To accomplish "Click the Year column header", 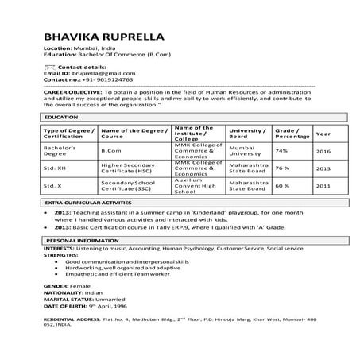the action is tap(323, 133).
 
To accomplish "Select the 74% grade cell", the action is tap(281, 150).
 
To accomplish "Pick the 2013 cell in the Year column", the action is tap(323, 168).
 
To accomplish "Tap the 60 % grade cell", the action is tap(282, 186).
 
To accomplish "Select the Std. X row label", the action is tap(52, 186).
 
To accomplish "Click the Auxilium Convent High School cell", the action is tap(193, 186).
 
